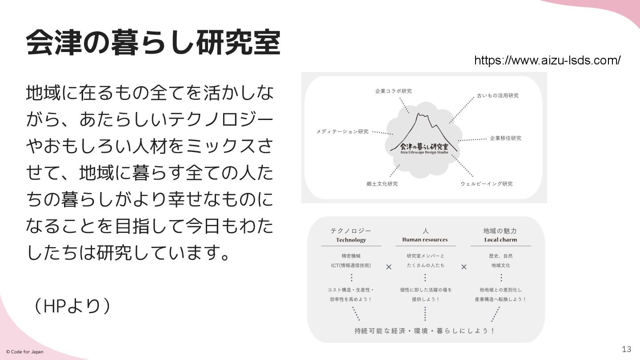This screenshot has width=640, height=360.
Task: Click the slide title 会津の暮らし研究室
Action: (153, 43)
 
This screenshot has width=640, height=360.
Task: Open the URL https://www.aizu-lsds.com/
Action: (547, 60)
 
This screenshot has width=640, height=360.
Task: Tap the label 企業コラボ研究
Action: (393, 91)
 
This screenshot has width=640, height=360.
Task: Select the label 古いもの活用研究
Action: (497, 96)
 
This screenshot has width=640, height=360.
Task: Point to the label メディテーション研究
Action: (342, 132)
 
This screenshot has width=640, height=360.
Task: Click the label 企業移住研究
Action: (505, 138)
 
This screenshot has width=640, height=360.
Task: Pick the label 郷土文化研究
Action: (382, 184)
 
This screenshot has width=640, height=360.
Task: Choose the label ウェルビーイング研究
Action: (486, 184)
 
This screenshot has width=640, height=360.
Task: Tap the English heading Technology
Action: (351, 240)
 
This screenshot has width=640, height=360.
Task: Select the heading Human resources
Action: (425, 240)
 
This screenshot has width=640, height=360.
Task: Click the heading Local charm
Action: (500, 240)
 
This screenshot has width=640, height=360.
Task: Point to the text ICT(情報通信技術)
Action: (351, 265)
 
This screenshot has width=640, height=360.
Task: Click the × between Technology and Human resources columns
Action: (389, 267)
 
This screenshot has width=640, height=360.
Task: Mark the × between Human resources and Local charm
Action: (464, 267)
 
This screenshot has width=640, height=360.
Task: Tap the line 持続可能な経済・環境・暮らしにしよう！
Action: (425, 331)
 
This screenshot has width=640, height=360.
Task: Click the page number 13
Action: (627, 348)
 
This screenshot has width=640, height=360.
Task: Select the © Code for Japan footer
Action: (25, 352)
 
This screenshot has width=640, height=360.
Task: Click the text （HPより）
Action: (72, 306)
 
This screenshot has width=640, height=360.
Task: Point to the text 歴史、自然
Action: (500, 256)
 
